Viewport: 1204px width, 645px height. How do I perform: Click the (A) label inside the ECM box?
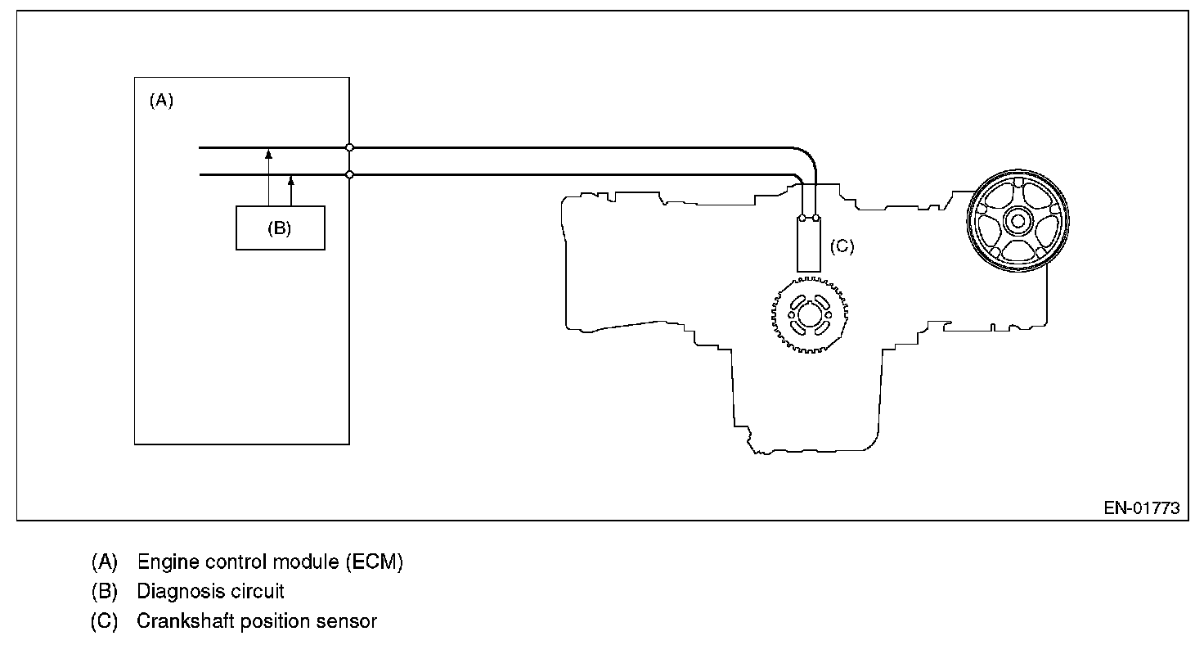click(161, 101)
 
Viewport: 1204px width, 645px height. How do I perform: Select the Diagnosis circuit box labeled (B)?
click(280, 228)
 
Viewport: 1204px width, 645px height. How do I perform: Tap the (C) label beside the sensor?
click(842, 246)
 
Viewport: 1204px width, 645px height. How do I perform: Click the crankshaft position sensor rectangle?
click(809, 246)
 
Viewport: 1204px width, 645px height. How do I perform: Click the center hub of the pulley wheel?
click(1018, 219)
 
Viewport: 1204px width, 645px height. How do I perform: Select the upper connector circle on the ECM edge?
click(349, 148)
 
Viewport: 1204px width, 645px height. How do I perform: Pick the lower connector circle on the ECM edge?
click(349, 174)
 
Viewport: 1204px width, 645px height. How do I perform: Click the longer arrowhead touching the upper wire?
click(268, 153)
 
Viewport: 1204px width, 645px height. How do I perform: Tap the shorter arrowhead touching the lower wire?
click(291, 179)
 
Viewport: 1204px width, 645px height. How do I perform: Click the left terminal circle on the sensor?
click(802, 218)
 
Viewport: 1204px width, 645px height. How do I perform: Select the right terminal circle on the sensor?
click(815, 218)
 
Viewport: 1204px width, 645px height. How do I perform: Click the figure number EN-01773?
click(1141, 508)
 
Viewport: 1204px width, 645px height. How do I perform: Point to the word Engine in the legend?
click(163, 562)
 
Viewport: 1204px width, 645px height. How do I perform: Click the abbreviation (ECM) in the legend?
click(374, 562)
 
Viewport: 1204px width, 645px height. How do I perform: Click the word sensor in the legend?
click(347, 621)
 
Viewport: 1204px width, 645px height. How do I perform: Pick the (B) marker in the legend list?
click(104, 591)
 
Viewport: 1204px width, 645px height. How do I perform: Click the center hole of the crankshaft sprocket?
click(810, 314)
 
